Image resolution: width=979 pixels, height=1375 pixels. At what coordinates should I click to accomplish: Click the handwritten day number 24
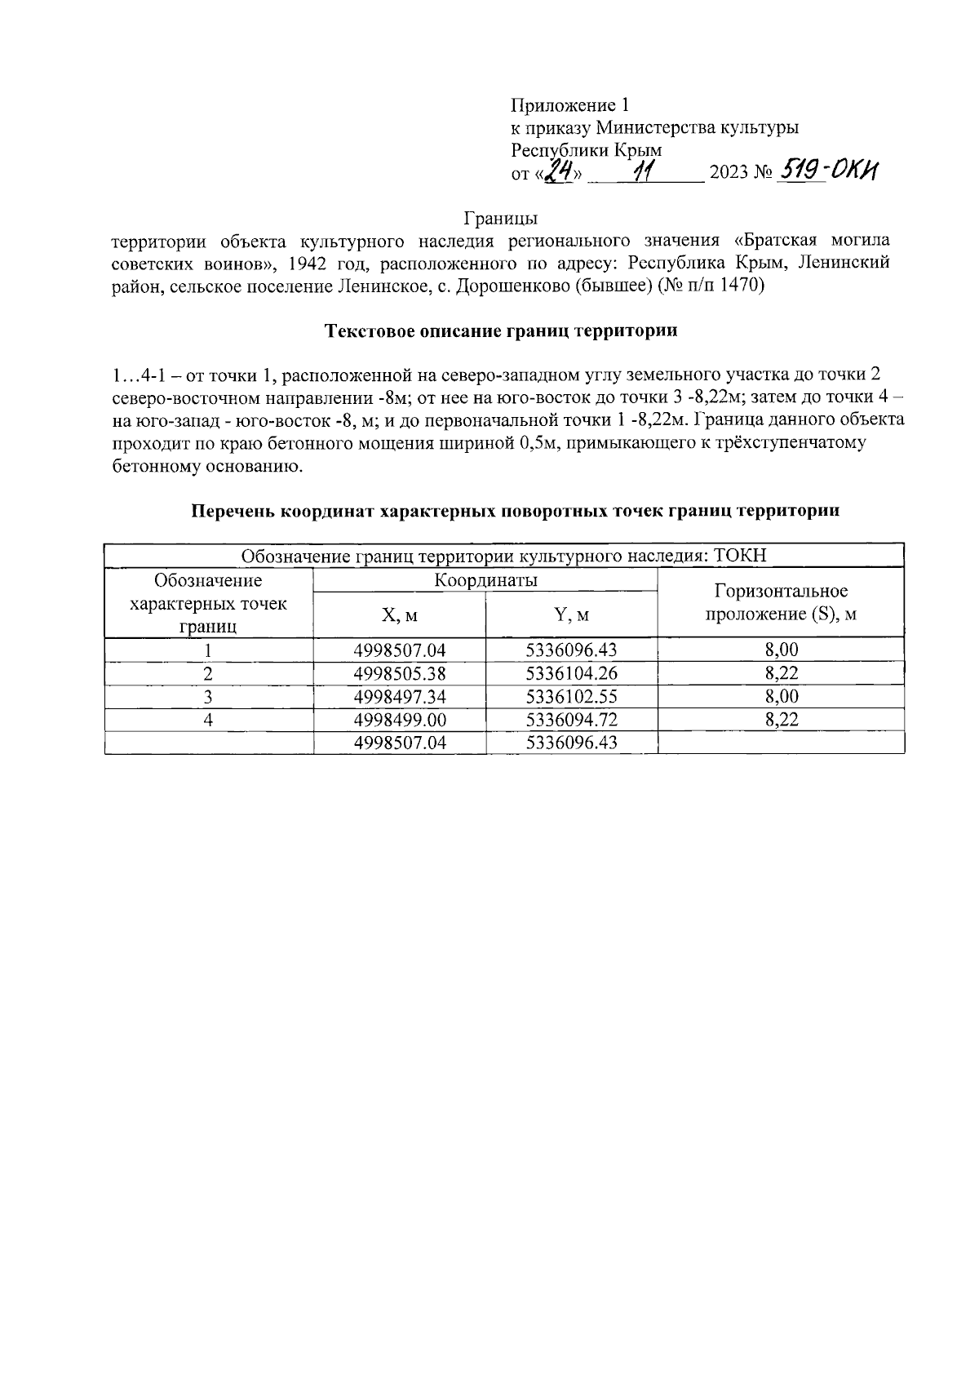[560, 171]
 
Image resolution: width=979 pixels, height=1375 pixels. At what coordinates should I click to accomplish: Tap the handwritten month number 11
[645, 171]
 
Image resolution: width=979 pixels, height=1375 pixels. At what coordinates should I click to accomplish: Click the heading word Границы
[500, 219]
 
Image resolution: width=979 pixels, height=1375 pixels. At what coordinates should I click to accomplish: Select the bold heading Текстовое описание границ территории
[502, 331]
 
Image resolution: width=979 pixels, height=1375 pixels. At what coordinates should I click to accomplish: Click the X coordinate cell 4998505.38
[400, 674]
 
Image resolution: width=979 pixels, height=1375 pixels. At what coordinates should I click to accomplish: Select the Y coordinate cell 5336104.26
[572, 674]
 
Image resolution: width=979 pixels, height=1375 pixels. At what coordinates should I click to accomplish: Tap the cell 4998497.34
[400, 697]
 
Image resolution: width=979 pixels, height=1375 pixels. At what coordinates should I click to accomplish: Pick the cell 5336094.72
[572, 720]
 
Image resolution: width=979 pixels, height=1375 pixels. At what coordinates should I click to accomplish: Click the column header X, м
[400, 615]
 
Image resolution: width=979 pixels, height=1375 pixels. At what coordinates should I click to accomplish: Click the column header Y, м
[572, 615]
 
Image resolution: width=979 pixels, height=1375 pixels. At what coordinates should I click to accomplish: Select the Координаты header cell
[485, 581]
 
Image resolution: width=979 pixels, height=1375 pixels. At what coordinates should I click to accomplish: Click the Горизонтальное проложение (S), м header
[781, 603]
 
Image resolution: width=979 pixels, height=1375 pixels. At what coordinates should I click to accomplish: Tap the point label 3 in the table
[209, 697]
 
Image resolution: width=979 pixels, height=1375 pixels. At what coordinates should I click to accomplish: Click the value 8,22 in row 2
[781, 674]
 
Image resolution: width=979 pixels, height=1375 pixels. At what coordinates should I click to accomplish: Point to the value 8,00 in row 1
[781, 650]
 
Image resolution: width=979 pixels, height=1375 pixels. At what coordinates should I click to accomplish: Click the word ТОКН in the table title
[740, 556]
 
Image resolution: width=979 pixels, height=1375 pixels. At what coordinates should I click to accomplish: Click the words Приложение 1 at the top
[570, 105]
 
